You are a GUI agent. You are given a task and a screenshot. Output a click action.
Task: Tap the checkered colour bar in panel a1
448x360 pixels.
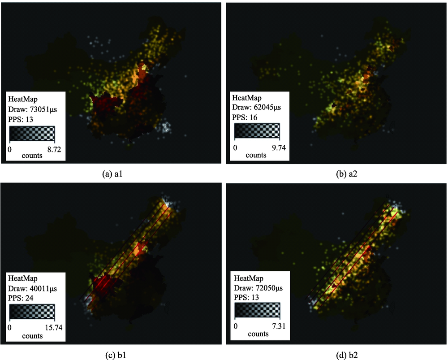(31, 134)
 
